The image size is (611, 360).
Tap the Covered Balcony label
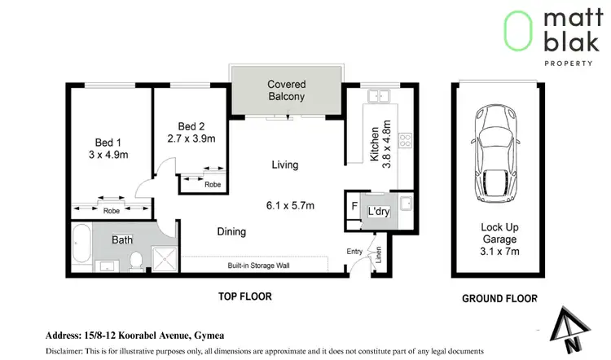point(286,90)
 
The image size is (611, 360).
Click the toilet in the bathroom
point(137,260)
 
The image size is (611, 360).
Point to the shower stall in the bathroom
point(166,260)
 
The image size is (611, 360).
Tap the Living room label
point(285,165)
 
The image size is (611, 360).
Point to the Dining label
point(231,232)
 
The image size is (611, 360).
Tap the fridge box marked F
point(353,206)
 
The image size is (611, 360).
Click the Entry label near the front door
point(354,252)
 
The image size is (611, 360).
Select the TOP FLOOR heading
point(244,296)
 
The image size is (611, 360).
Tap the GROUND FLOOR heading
point(499,298)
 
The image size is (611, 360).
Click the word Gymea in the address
point(210,335)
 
